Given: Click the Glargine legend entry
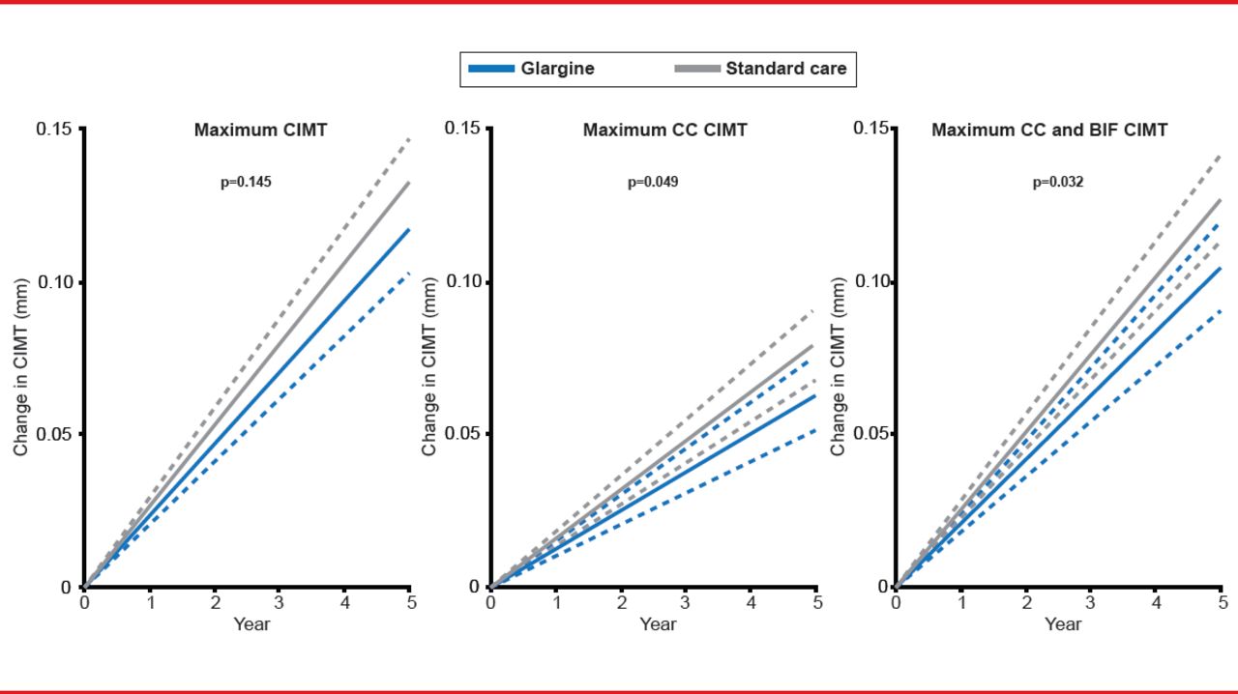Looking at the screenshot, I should [531, 69].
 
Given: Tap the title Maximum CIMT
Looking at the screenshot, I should [260, 130].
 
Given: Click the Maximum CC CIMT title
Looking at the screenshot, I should [664, 130].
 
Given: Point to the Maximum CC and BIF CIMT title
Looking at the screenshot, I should [1049, 130].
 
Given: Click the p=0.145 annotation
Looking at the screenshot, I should [247, 181].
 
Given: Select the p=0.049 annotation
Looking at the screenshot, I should [653, 181].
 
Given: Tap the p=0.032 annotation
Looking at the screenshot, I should [1058, 181].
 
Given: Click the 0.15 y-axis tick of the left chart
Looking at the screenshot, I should [53, 130].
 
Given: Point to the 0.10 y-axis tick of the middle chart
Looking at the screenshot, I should [461, 281].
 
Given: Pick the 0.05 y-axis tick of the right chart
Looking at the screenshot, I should [870, 434].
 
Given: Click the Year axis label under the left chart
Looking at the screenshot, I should [251, 624].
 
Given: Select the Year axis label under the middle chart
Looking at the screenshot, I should [658, 624].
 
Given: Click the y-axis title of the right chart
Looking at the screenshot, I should [839, 365].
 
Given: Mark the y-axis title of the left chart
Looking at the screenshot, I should [20, 365].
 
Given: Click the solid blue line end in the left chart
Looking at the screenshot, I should [409, 230].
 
